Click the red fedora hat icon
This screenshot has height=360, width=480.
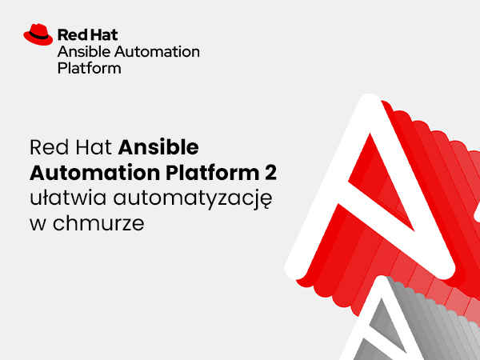[x=38, y=34]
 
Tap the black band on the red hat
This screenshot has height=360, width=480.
[x=38, y=36]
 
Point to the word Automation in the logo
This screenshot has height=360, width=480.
[x=157, y=51]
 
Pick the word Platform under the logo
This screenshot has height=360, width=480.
[x=89, y=68]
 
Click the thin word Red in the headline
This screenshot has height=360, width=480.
[x=50, y=147]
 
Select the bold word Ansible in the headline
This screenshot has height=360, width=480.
[x=158, y=147]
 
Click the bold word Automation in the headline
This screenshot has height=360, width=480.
[x=95, y=173]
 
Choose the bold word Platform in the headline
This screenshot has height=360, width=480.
[x=213, y=173]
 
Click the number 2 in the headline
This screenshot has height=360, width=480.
[x=270, y=173]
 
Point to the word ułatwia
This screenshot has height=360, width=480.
[x=68, y=198]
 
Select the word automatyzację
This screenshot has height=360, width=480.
[x=193, y=199]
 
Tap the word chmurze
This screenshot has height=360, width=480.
[x=98, y=223]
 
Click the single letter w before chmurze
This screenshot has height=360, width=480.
[x=38, y=225]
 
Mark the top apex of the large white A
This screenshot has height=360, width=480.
[x=370, y=95]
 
